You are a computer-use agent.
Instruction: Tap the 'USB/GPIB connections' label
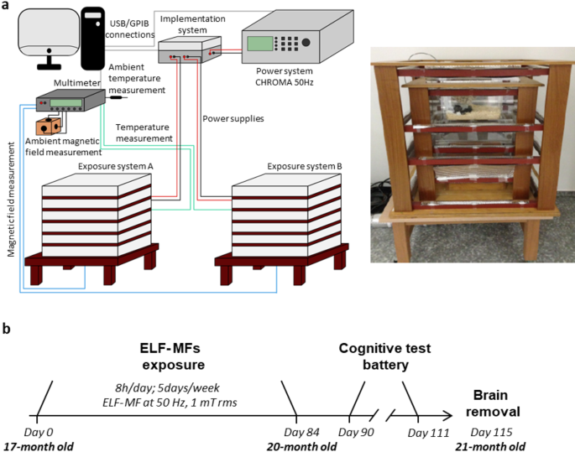tap(134, 25)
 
